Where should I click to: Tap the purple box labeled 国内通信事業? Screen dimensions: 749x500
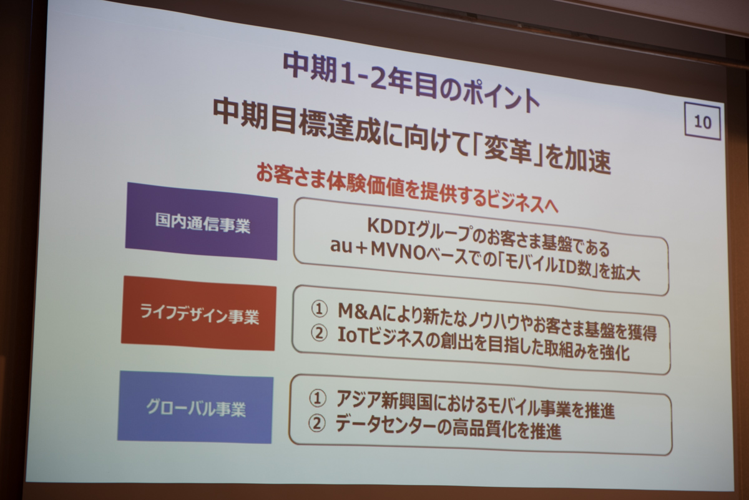point(201,221)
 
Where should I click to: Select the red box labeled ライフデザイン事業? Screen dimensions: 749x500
point(198,313)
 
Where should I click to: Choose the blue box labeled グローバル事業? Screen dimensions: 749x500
point(195,407)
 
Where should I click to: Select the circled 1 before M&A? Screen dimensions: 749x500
point(319,309)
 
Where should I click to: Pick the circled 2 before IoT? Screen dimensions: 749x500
point(319,333)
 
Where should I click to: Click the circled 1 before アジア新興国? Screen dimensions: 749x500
point(317,398)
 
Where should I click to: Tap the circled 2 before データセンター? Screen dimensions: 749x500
point(316,423)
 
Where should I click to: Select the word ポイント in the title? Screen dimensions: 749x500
point(502,96)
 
